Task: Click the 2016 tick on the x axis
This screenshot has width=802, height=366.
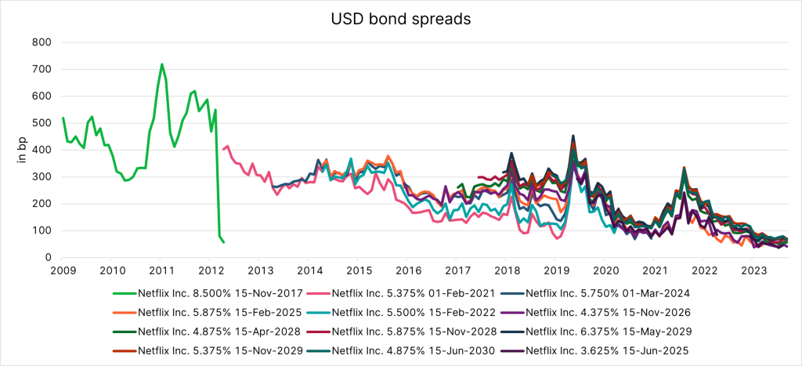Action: (407, 271)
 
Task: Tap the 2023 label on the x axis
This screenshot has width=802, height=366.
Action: (753, 271)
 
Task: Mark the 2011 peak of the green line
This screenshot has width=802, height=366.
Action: (161, 64)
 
